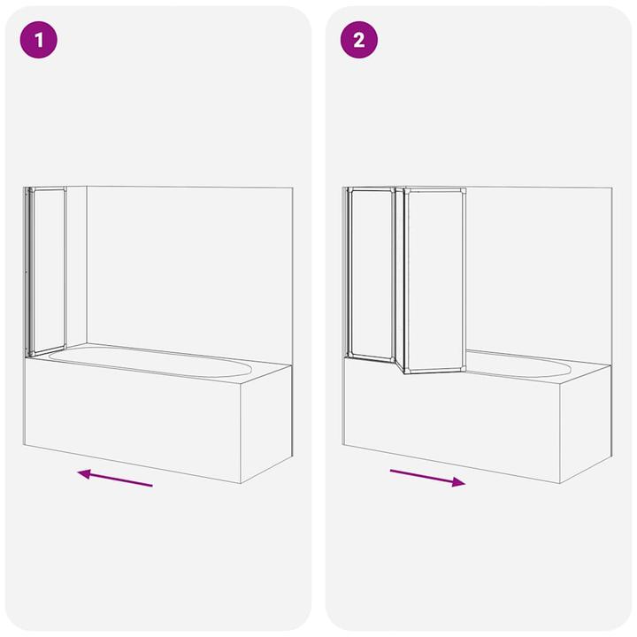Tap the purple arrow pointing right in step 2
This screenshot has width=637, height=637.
coord(427,478)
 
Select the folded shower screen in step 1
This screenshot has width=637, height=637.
coord(46,270)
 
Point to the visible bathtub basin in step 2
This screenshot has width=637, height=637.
coord(522,364)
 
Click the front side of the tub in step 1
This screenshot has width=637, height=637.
coord(133,420)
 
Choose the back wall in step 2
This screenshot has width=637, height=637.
coord(540,265)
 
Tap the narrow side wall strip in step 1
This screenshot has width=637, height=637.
coord(76,265)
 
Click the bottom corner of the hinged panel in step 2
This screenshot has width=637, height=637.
coord(405,372)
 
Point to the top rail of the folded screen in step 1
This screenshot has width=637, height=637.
coord(46,189)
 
